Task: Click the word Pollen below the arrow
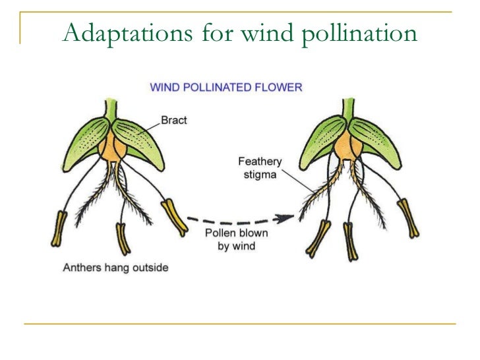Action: point(219,234)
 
